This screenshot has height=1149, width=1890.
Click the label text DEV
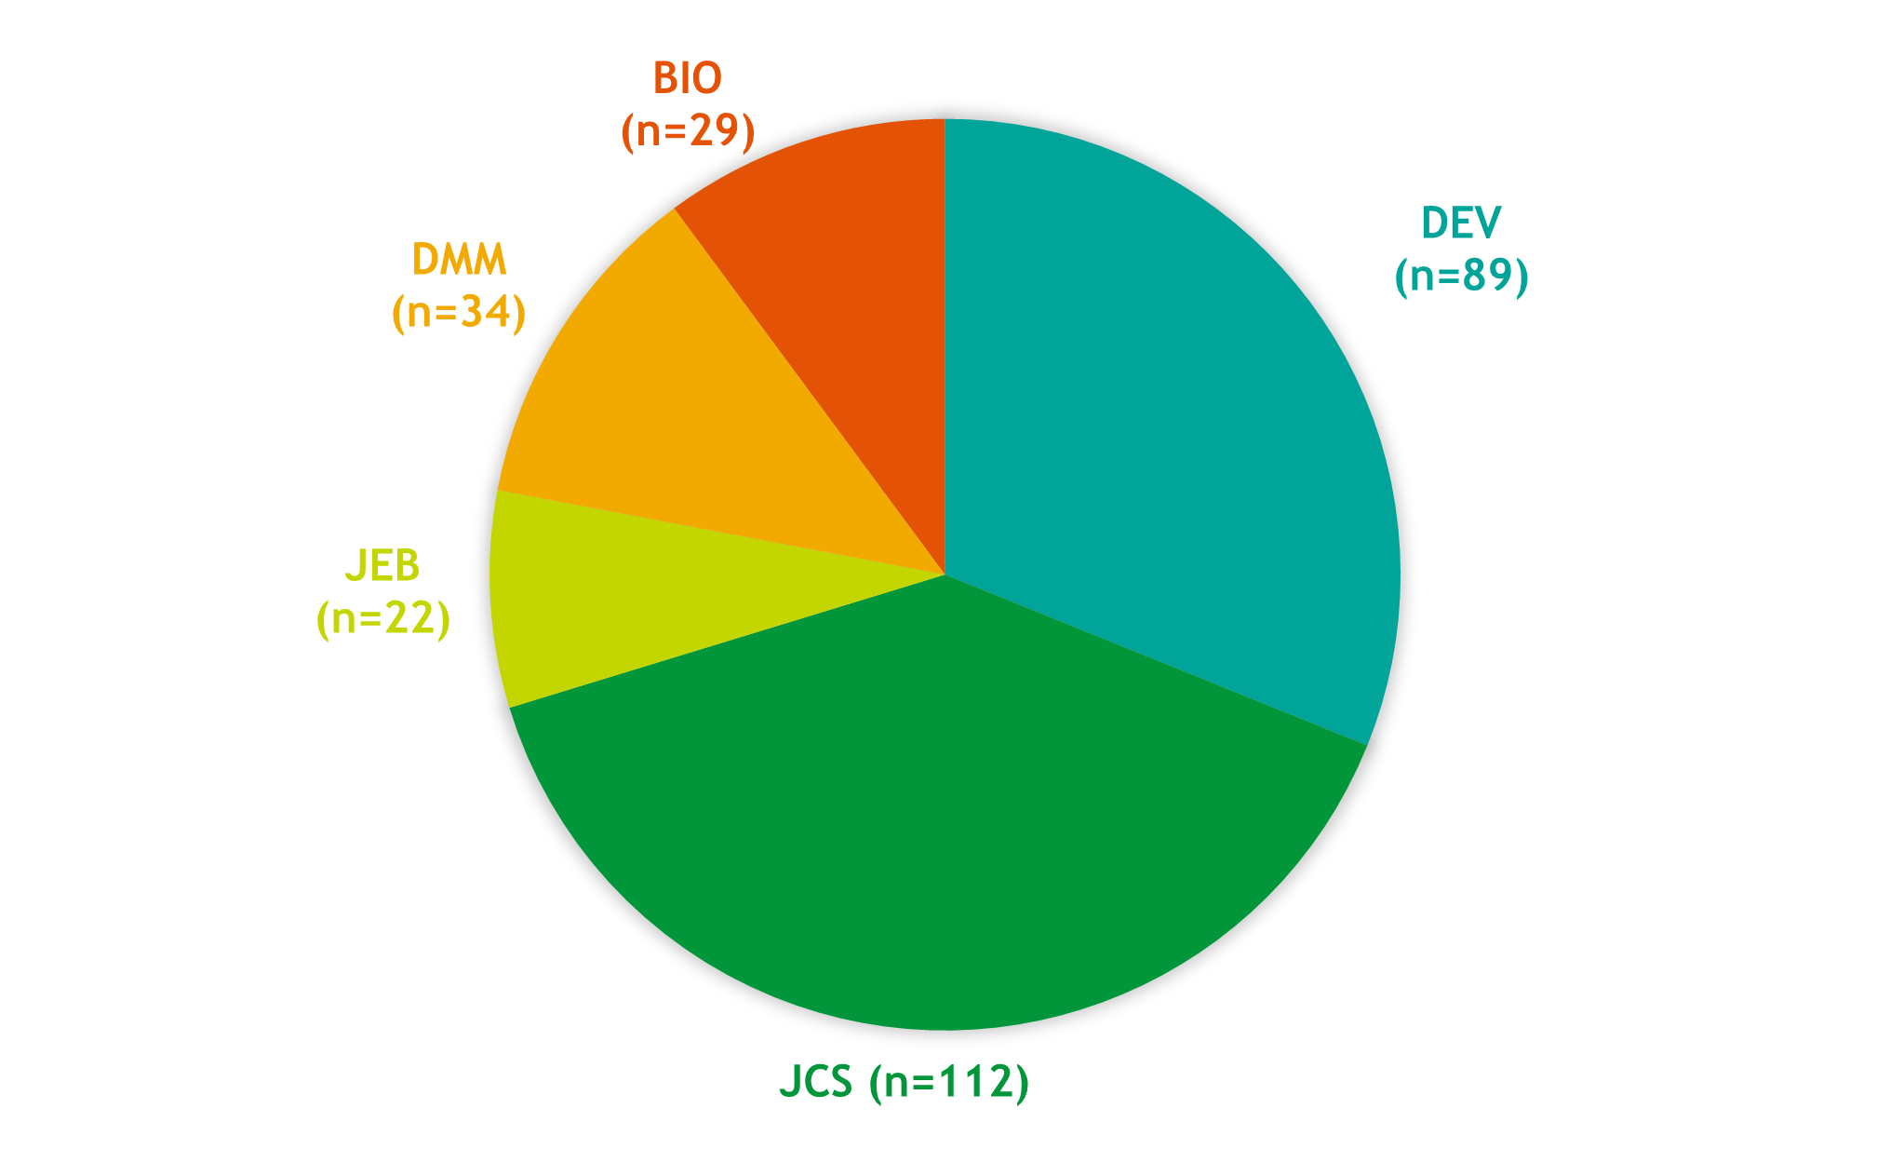point(1461,223)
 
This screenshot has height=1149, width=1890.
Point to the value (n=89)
point(1461,276)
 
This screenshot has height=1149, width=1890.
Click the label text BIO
point(687,78)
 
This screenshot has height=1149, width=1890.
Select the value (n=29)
point(687,131)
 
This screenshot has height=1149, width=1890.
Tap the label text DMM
point(459,260)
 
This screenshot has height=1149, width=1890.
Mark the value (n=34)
point(459,313)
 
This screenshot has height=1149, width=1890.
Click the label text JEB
point(382,566)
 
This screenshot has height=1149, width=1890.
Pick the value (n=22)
point(382,618)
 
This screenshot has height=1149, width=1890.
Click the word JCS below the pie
point(815,1082)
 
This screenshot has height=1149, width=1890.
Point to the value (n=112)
point(948,1082)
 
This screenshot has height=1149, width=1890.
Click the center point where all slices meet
point(945,574)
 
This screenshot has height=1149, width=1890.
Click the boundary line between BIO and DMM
point(810,392)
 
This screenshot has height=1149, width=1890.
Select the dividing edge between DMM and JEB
point(721,533)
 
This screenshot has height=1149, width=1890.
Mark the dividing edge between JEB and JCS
point(727,641)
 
